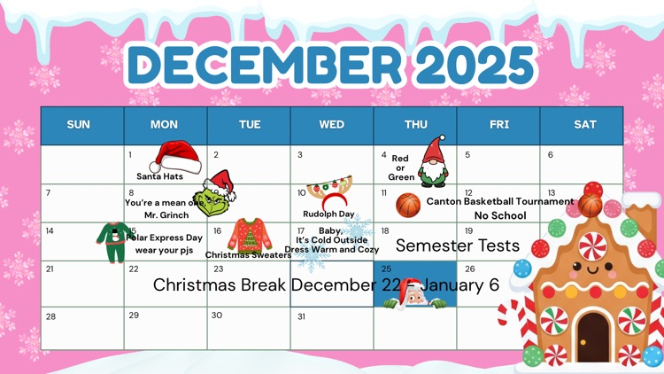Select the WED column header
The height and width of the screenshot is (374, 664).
(332, 125)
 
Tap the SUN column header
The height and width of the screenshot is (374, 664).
(79, 125)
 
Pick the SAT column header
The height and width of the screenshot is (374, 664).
(585, 125)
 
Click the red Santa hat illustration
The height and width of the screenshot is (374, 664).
(174, 157)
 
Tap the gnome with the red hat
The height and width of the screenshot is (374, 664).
(433, 163)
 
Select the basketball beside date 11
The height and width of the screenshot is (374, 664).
(408, 206)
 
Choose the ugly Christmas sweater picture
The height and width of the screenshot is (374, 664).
(249, 235)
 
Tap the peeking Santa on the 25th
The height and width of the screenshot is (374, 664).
(413, 295)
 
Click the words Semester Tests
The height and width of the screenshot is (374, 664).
(457, 245)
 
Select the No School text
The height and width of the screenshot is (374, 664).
(500, 215)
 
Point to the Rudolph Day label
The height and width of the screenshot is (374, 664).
(328, 214)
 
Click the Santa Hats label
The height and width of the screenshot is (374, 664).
(159, 176)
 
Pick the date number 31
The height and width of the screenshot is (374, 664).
(301, 316)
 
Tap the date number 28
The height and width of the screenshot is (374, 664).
(50, 316)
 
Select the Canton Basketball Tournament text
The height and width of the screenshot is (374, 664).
(500, 201)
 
